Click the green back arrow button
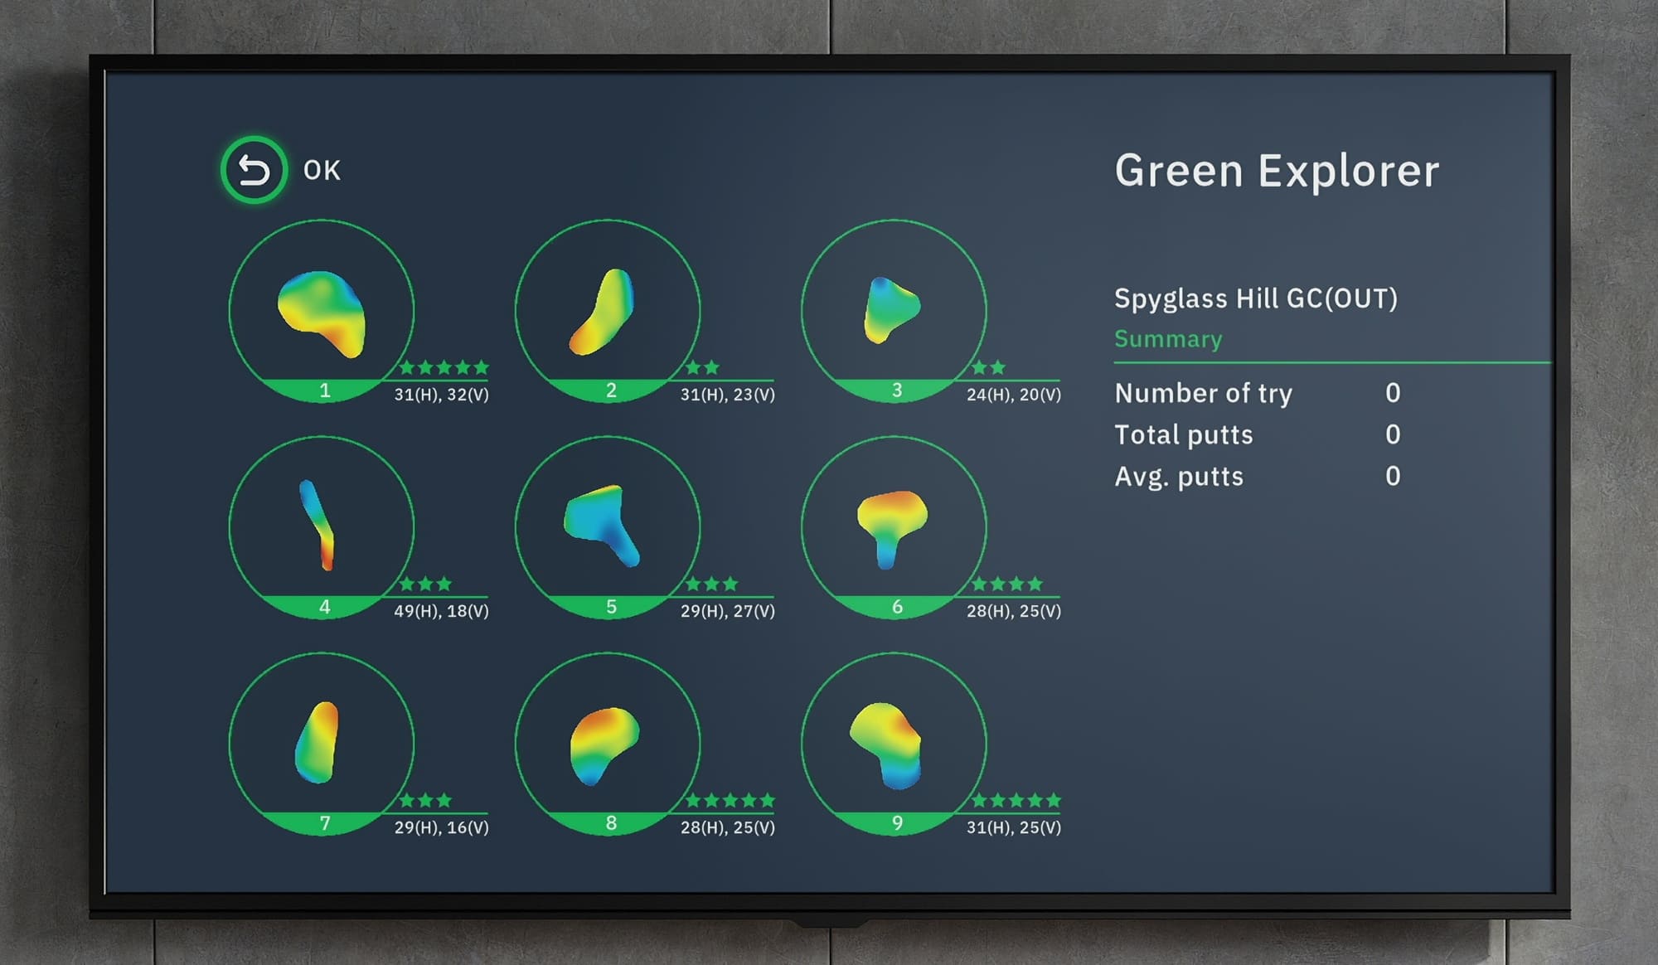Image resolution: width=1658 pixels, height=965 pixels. pyautogui.click(x=254, y=170)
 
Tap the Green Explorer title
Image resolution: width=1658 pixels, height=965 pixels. pyautogui.click(x=1277, y=171)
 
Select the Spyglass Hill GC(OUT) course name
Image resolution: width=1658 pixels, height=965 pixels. pyautogui.click(x=1255, y=298)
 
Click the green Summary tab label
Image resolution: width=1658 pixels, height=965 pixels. pyautogui.click(x=1167, y=339)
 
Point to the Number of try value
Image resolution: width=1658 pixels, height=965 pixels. pyautogui.click(x=1393, y=393)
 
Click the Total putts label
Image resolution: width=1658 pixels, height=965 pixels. pyautogui.click(x=1183, y=435)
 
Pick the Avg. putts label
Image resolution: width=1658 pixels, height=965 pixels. pyautogui.click(x=1178, y=477)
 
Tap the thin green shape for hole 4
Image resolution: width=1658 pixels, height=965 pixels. pyautogui.click(x=317, y=524)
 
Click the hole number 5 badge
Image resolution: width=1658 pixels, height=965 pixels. pyautogui.click(x=611, y=607)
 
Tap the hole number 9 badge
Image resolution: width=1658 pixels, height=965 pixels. pyautogui.click(x=897, y=823)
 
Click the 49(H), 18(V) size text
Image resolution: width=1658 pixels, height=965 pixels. pyautogui.click(x=441, y=611)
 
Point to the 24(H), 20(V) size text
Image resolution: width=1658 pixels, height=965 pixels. pyautogui.click(x=1013, y=395)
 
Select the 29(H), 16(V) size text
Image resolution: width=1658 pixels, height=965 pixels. pyautogui.click(x=441, y=827)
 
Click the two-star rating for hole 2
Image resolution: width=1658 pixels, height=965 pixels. pyautogui.click(x=702, y=367)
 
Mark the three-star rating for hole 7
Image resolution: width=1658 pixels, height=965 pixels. pyautogui.click(x=425, y=800)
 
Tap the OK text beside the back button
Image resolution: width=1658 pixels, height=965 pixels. pyautogui.click(x=322, y=171)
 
